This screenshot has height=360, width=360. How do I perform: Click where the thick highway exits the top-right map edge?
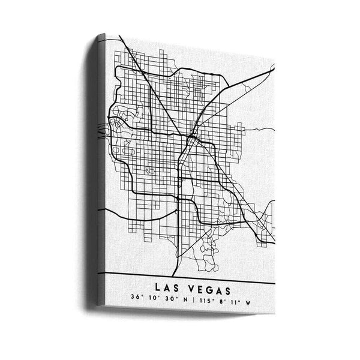tap(274, 69)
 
